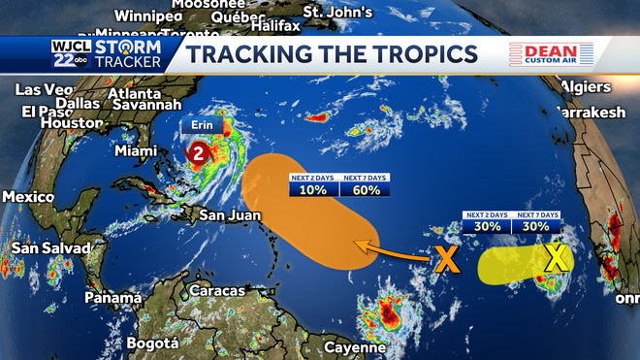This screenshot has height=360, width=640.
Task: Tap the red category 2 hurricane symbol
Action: point(199,152)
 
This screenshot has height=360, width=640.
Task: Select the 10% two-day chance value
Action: point(314,189)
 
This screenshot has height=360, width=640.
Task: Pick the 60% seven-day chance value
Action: point(365,189)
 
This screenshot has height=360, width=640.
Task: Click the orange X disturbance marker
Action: point(446,258)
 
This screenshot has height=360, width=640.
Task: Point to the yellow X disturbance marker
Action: point(556,257)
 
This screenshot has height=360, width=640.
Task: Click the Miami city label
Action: point(136,151)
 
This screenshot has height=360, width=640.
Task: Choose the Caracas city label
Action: point(217,291)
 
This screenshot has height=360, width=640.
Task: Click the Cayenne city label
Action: point(354,346)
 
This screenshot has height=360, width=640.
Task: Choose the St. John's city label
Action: point(337,12)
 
